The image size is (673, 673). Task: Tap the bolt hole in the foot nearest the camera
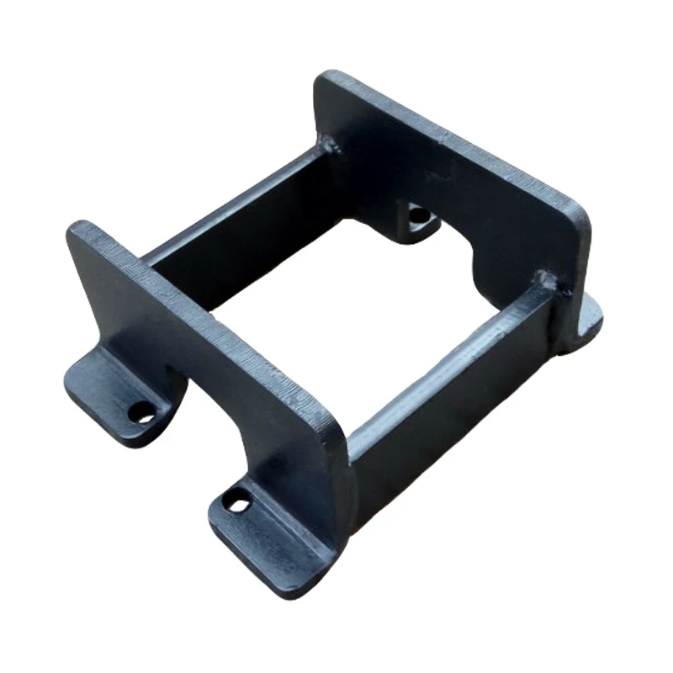239,504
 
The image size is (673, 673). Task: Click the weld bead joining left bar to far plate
330,151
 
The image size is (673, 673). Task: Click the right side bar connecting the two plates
454,379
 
